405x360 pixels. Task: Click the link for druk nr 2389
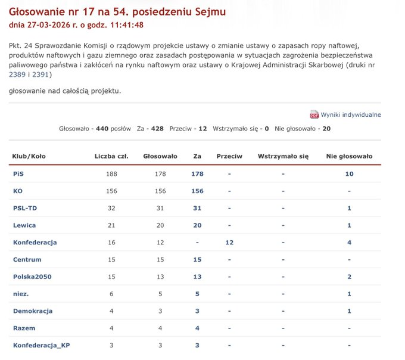click(17, 75)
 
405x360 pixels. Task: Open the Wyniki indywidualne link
click(351, 114)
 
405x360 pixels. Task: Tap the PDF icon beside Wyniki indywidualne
click(314, 114)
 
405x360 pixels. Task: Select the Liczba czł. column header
click(111, 156)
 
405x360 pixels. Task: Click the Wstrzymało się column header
click(283, 156)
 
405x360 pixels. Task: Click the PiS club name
click(18, 173)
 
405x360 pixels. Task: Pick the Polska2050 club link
click(33, 277)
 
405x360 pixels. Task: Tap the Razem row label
click(24, 328)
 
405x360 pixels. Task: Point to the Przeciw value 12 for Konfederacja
click(229, 243)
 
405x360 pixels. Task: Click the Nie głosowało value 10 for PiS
click(349, 173)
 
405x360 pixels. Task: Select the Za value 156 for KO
click(197, 191)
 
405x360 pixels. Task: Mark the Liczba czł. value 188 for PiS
click(111, 173)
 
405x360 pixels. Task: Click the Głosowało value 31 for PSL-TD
click(160, 208)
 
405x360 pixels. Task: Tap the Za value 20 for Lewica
click(197, 225)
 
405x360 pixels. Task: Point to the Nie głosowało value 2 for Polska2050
click(349, 277)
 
